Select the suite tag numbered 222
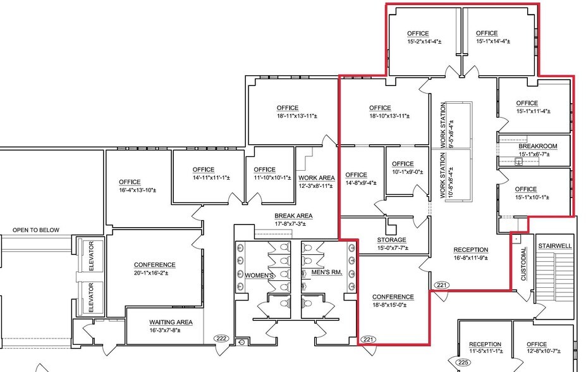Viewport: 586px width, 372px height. pos(221,338)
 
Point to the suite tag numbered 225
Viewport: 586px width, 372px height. pos(463,363)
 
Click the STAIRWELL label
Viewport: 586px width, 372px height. pos(554,245)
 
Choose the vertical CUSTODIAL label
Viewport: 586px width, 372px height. pos(523,264)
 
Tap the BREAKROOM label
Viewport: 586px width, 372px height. pos(537,146)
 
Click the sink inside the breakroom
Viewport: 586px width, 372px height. pos(518,162)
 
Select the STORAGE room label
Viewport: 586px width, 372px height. pos(391,240)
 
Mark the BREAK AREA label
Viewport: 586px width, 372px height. pos(293,216)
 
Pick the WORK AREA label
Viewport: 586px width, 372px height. pos(316,178)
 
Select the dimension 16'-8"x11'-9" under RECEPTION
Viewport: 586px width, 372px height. pos(470,258)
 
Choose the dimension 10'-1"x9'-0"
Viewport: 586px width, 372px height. pos(402,171)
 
